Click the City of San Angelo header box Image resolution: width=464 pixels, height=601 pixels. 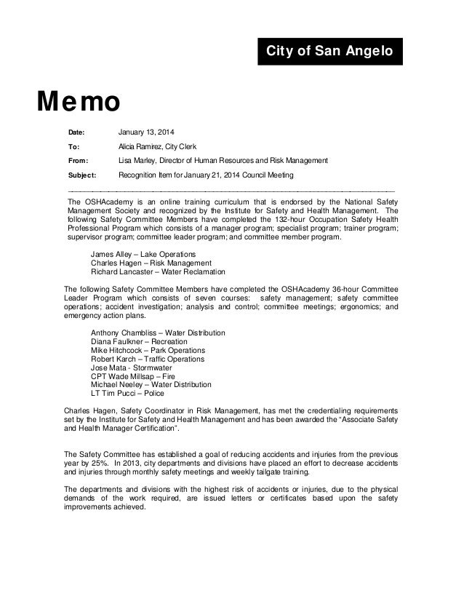click(x=329, y=52)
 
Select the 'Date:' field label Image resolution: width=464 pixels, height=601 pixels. click(x=76, y=132)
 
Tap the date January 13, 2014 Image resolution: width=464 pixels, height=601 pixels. click(x=146, y=132)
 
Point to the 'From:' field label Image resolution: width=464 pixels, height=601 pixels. click(x=78, y=161)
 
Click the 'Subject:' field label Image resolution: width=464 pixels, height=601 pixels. click(x=81, y=175)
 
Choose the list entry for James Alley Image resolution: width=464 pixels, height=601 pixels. click(x=137, y=254)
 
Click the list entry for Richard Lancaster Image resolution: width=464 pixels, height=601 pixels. click(x=153, y=272)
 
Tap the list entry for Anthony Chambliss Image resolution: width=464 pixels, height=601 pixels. click(x=158, y=333)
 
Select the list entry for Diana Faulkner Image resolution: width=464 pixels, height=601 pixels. click(x=137, y=342)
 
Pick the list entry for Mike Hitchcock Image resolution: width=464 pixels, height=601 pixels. click(x=148, y=351)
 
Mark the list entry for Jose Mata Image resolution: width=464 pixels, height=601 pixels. click(x=132, y=368)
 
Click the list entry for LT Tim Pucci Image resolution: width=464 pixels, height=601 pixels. click(x=127, y=394)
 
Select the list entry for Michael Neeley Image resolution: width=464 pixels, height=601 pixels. click(x=151, y=385)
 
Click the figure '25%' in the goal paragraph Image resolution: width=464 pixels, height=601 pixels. click(x=100, y=463)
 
